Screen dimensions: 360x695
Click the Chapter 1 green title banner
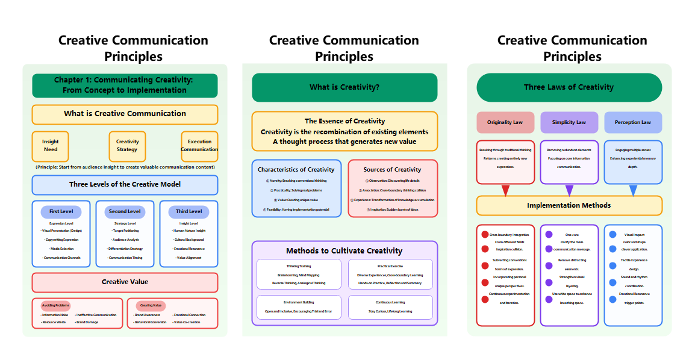125,85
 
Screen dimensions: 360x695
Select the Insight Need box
51,146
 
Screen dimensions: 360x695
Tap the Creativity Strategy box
127,146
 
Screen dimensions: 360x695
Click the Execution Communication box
199,146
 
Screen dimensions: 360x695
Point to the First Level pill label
61,212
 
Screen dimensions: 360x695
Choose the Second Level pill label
125,212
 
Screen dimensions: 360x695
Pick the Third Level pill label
189,212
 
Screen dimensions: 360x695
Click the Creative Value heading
125,282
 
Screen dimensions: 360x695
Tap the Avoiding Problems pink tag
55,306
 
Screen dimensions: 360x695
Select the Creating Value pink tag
150,306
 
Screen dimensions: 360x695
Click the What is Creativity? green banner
344,87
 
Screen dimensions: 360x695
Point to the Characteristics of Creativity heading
296,170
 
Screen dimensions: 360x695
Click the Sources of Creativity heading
393,170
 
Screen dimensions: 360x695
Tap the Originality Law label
505,122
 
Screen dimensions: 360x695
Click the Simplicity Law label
569,122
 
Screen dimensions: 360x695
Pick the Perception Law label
633,122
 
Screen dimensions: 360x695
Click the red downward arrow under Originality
505,190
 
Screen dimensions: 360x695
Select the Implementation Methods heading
569,205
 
